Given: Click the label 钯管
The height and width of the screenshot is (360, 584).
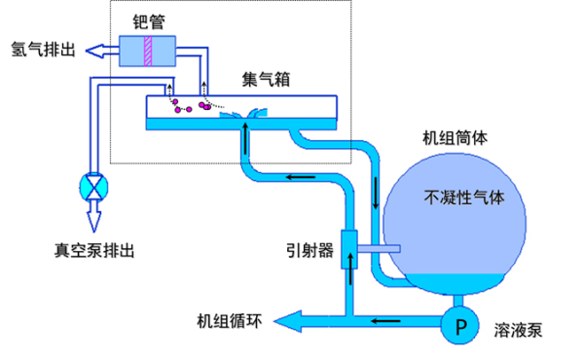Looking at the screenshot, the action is pyautogui.click(x=149, y=22).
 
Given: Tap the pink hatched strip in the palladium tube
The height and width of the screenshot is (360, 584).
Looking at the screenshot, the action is pyautogui.click(x=148, y=51).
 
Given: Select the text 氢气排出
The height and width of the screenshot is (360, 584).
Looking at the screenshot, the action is pyautogui.click(x=43, y=50).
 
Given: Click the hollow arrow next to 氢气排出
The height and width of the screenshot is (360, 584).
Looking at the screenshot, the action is pyautogui.click(x=102, y=51).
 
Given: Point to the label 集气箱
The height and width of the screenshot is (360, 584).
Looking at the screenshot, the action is pyautogui.click(x=266, y=79).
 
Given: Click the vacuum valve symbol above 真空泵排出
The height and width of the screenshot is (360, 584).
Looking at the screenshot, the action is pyautogui.click(x=93, y=187).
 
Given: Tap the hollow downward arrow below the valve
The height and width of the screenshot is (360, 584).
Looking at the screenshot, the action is pyautogui.click(x=93, y=216).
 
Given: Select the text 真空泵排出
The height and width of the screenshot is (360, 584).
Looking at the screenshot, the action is pyautogui.click(x=94, y=251).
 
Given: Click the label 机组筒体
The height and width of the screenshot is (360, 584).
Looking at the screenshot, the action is pyautogui.click(x=455, y=138).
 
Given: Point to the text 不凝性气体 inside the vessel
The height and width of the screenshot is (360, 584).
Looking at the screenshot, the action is pyautogui.click(x=464, y=198).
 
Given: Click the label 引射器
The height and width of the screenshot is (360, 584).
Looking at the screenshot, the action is pyautogui.click(x=310, y=251).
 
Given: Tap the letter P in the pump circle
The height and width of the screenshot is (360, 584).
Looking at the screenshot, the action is pyautogui.click(x=460, y=327).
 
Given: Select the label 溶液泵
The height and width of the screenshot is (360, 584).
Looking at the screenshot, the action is pyautogui.click(x=518, y=330).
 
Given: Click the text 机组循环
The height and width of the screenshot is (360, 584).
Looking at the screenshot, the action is pyautogui.click(x=230, y=321).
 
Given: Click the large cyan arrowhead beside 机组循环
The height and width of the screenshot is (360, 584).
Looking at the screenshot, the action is pyautogui.click(x=287, y=321).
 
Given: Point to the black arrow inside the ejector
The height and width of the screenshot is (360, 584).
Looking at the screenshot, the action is pyautogui.click(x=350, y=269).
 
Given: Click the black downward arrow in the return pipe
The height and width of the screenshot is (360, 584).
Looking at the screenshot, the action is pyautogui.click(x=376, y=194).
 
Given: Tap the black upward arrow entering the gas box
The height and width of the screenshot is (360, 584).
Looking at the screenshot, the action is pyautogui.click(x=245, y=139).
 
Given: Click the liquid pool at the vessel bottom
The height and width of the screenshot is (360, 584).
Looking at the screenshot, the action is pyautogui.click(x=455, y=284).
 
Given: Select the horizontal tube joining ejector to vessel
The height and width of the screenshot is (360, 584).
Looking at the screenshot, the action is pyautogui.click(x=379, y=248).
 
